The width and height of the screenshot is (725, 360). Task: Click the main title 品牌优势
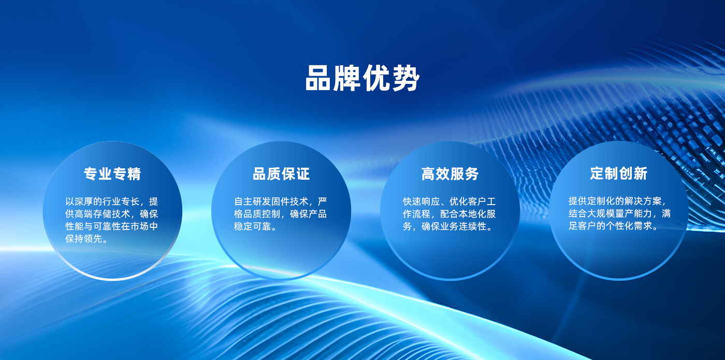click(x=362, y=78)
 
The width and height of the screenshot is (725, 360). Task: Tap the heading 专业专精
click(x=112, y=174)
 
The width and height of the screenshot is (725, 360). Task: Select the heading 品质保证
click(x=281, y=174)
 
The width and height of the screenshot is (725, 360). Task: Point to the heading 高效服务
click(x=450, y=174)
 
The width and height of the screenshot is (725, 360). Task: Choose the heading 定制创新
click(x=619, y=174)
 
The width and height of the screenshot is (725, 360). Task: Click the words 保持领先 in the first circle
click(x=84, y=239)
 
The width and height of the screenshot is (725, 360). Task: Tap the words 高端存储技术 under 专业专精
click(x=103, y=214)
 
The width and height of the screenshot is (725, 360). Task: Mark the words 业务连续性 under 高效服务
click(x=463, y=226)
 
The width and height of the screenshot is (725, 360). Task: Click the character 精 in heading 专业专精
click(x=134, y=174)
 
